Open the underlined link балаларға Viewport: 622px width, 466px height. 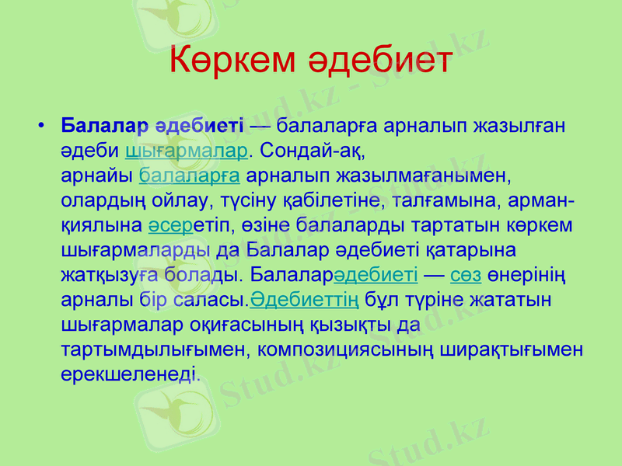[x=189, y=174]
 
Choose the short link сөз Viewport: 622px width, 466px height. [x=466, y=275]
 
